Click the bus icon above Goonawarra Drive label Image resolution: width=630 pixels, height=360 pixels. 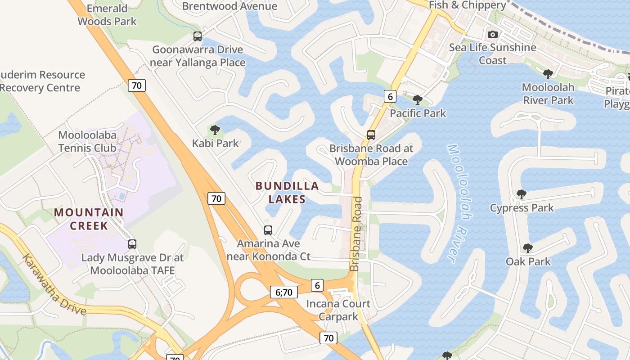click(x=198, y=36)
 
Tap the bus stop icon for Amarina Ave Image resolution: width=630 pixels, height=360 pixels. click(x=268, y=230)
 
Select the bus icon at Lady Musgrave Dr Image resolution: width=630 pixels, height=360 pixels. click(x=132, y=244)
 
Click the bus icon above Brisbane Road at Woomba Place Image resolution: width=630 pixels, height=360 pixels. click(x=371, y=135)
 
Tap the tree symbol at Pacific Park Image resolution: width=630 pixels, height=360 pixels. click(x=418, y=100)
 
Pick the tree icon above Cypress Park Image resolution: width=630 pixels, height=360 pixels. click(x=522, y=194)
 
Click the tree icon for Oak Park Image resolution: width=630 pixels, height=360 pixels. click(x=528, y=248)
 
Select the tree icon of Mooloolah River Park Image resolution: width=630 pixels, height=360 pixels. click(x=548, y=74)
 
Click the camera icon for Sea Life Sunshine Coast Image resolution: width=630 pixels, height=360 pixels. click(x=493, y=34)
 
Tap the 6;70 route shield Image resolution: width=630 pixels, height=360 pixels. click(x=284, y=292)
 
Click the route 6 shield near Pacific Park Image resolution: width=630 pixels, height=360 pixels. click(x=390, y=96)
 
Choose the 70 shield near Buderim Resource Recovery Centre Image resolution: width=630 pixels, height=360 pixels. click(x=137, y=85)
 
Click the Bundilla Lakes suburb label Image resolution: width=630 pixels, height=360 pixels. click(x=287, y=193)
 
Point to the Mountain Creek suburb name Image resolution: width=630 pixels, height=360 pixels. click(x=89, y=219)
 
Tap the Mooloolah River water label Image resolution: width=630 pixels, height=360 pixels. click(x=459, y=202)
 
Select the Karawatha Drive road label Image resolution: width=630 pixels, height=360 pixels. click(x=54, y=284)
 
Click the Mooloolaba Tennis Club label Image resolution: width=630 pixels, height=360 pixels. click(x=87, y=141)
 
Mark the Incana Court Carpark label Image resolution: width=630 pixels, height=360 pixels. click(x=338, y=310)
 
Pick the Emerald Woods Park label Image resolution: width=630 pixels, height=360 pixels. click(x=107, y=15)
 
